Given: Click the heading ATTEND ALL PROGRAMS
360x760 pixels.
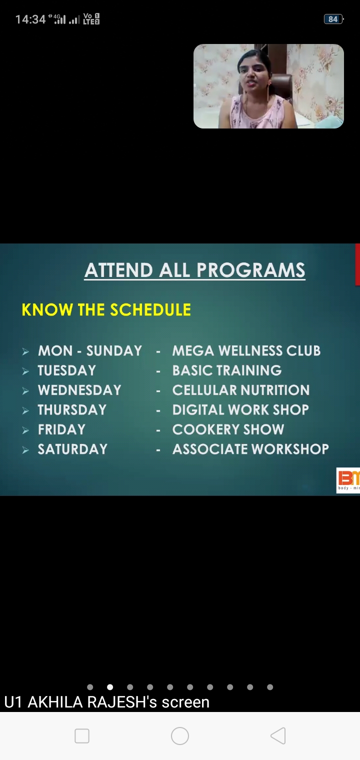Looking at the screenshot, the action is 195,270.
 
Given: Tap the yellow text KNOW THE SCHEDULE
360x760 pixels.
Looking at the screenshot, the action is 106,310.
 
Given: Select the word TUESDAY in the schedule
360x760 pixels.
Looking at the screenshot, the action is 67,370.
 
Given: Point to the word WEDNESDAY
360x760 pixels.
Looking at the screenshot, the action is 79,390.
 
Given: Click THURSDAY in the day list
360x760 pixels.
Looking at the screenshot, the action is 72,410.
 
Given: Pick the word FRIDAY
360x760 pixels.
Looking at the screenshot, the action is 61,429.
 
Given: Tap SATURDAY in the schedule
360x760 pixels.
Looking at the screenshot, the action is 72,449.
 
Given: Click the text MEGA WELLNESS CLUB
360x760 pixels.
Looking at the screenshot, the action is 246,351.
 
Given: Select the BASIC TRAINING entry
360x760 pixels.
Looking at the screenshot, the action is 227,370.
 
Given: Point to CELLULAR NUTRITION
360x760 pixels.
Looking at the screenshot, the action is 241,390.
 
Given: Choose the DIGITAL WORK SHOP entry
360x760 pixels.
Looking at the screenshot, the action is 240,410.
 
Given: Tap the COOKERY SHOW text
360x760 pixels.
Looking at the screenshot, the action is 228,429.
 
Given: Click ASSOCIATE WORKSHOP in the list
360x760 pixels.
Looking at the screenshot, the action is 250,449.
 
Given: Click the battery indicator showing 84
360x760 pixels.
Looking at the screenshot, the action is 333,19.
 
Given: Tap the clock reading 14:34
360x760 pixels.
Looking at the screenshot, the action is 30,19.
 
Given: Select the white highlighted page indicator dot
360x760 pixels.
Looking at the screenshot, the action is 110,687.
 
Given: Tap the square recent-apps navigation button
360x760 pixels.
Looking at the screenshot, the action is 82,736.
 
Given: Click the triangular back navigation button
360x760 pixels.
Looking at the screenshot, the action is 278,736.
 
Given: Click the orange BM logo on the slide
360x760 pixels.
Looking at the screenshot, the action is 348,480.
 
